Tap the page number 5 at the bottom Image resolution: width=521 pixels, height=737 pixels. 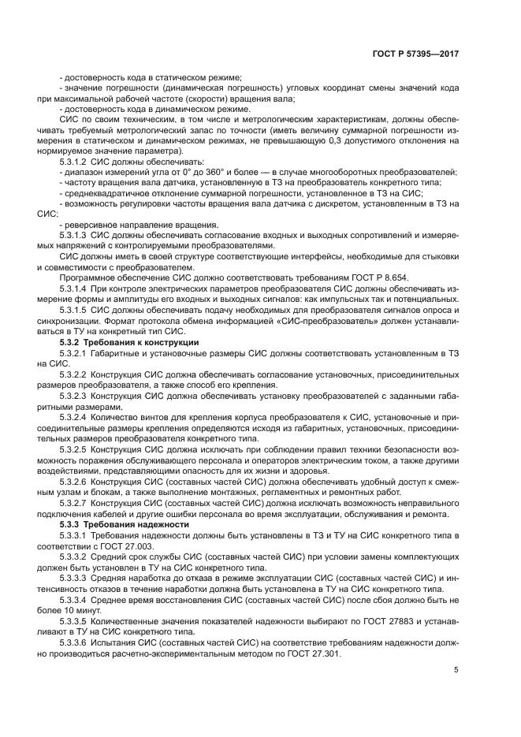click(x=456, y=670)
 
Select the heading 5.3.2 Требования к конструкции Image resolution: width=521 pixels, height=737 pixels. click(x=129, y=342)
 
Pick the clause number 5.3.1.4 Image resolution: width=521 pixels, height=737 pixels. click(x=74, y=290)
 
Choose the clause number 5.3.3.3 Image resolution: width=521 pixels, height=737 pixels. click(x=74, y=578)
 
